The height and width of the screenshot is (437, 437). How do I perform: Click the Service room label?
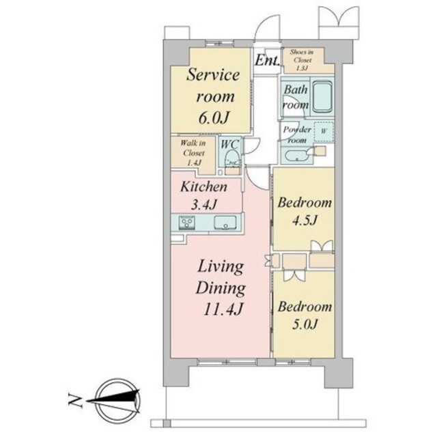click(x=213, y=85)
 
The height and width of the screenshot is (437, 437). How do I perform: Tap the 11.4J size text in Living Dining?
click(x=223, y=309)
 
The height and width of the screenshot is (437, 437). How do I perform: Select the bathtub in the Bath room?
click(x=322, y=96)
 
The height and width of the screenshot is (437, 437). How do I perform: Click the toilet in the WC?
click(x=232, y=158)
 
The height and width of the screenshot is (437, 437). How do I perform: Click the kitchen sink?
click(x=225, y=223)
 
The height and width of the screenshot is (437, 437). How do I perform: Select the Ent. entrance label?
click(x=267, y=60)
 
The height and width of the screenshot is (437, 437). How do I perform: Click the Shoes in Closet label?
click(x=302, y=59)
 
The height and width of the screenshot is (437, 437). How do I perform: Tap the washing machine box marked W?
click(x=324, y=132)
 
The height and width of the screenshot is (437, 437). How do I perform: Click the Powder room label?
click(x=297, y=135)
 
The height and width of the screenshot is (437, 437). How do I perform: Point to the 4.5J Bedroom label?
click(x=305, y=211)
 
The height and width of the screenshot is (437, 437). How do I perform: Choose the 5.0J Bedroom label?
click(x=305, y=315)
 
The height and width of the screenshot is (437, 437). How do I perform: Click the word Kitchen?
click(x=203, y=186)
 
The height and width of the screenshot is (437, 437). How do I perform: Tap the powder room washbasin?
click(x=297, y=156)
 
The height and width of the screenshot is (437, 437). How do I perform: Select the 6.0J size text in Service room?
click(x=214, y=117)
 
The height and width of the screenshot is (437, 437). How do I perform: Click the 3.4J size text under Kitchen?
click(x=203, y=205)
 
